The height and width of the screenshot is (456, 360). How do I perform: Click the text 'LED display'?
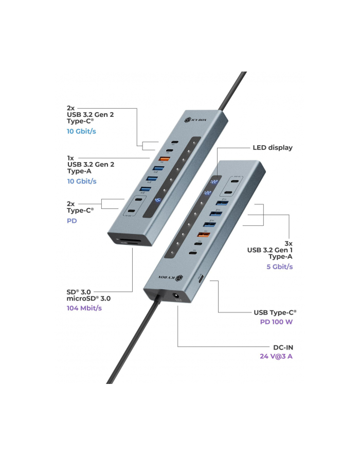(x=272, y=148)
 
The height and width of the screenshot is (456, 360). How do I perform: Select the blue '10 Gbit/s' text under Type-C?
(x=81, y=131)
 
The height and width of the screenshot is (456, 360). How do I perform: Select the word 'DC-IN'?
(x=283, y=347)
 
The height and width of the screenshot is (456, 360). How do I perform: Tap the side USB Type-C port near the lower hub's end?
(x=201, y=278)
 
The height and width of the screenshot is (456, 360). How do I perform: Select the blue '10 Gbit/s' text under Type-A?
(x=81, y=181)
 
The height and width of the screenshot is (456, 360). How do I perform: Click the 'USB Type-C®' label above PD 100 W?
(x=275, y=312)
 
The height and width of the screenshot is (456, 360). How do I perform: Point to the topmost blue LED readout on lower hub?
(x=210, y=182)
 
